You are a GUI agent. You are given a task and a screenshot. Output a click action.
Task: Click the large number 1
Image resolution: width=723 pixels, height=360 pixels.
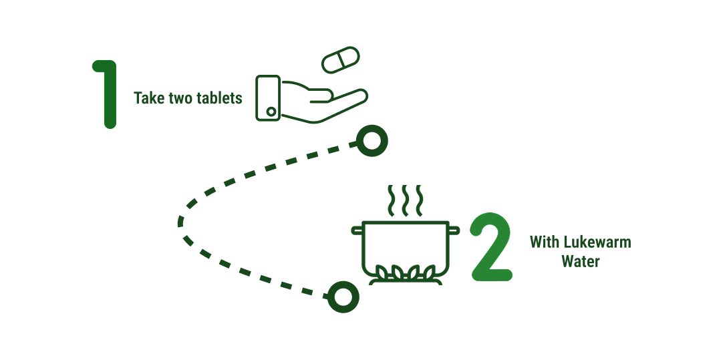(x=108, y=94)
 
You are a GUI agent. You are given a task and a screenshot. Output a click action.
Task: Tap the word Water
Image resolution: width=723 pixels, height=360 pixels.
(x=581, y=261)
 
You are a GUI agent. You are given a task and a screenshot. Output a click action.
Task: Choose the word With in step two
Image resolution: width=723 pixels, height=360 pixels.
(x=545, y=242)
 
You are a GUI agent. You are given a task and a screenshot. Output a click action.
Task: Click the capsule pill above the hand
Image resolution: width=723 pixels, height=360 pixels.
(x=340, y=59)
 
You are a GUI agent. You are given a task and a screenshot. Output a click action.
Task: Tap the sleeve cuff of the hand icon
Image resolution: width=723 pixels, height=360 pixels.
(x=268, y=98)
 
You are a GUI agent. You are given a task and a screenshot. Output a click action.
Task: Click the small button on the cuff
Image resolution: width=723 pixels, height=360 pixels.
(x=271, y=112)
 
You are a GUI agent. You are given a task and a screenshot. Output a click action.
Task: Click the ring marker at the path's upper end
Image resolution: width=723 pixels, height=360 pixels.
(x=372, y=140)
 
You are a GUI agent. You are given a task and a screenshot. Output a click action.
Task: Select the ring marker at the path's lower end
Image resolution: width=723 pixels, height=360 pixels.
(x=343, y=297)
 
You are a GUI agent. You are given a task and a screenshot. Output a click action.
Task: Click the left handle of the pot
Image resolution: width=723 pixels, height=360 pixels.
(x=357, y=230)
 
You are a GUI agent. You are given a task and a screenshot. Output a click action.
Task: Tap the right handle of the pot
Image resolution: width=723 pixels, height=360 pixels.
(x=454, y=230)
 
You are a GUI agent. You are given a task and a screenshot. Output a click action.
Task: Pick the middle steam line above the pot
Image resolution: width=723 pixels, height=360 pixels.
(x=405, y=200)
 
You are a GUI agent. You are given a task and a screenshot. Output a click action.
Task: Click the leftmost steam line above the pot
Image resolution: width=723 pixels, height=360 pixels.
(x=391, y=200)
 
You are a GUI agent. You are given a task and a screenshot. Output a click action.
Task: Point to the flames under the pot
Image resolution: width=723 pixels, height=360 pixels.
(x=405, y=273)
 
